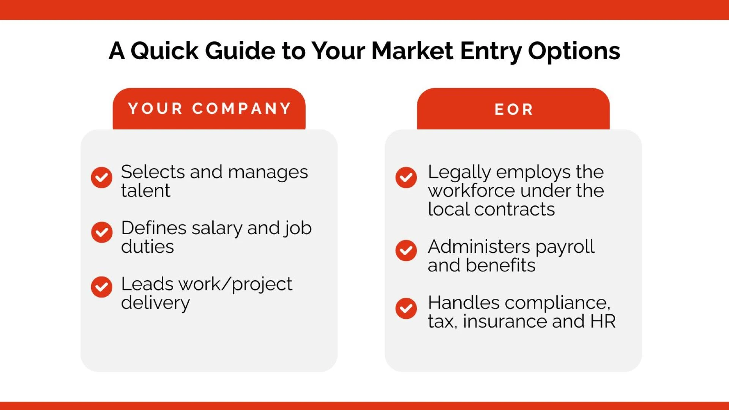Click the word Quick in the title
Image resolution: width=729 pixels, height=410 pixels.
click(x=164, y=51)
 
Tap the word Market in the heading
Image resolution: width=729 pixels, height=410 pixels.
click(x=412, y=51)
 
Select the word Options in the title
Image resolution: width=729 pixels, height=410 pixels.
click(x=574, y=51)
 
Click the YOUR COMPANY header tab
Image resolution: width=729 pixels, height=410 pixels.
click(x=209, y=109)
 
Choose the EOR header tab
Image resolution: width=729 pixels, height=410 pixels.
click(x=513, y=109)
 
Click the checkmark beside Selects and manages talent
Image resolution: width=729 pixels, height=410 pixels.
click(x=101, y=177)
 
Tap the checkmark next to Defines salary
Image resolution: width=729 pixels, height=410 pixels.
click(x=101, y=232)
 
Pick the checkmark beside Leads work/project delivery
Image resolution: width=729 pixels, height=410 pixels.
click(x=101, y=287)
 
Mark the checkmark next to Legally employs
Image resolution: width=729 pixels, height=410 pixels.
click(x=406, y=177)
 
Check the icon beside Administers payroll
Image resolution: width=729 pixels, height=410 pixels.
click(x=406, y=250)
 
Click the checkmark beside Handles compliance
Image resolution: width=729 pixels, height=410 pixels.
click(x=406, y=308)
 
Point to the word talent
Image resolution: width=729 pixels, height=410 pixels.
click(x=146, y=191)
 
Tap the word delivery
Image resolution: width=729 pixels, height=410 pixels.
click(x=155, y=303)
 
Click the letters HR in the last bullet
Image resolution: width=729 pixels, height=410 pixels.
click(x=603, y=322)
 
